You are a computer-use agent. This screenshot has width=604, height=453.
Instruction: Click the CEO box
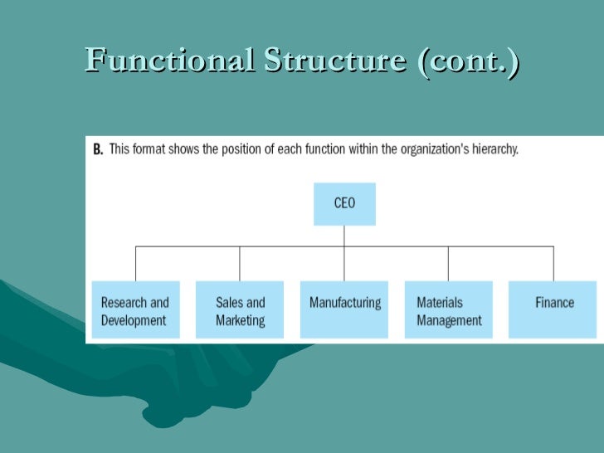[x=344, y=203]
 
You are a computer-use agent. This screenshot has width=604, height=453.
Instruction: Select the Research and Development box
[x=134, y=309]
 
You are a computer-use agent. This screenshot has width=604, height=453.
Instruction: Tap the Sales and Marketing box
[x=240, y=309]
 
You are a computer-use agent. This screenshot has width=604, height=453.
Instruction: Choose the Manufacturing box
[x=344, y=309]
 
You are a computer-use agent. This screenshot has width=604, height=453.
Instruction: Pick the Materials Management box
[x=448, y=309]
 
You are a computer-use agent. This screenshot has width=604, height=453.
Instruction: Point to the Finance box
[x=553, y=309]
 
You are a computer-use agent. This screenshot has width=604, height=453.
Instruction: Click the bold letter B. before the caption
[x=97, y=151]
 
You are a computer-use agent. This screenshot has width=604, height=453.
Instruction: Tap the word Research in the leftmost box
[x=124, y=303]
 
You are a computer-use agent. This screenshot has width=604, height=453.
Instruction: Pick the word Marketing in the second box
[x=241, y=320]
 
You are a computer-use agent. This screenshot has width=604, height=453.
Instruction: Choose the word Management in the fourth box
[x=449, y=320]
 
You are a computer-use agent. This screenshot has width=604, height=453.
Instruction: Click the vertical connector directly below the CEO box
[x=344, y=236]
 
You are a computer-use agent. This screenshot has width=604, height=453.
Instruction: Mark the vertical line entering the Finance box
[x=553, y=264]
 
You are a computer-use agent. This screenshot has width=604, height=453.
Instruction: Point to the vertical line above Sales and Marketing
[x=240, y=264]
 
